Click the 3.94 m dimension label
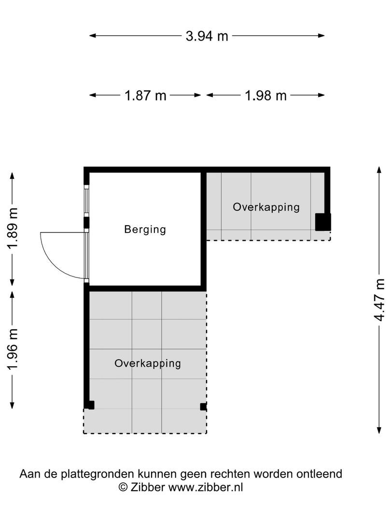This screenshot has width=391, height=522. click(207, 36)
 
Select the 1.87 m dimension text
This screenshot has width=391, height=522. click(145, 96)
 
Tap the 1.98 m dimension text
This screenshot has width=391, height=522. click(265, 96)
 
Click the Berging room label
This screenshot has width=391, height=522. click(145, 230)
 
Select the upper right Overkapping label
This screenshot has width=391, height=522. click(266, 207)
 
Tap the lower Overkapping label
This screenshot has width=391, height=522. click(148, 363)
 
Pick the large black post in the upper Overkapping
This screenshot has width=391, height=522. click(322, 222)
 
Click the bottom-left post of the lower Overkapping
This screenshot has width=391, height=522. click(90, 405)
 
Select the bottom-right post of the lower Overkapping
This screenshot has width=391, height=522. click(203, 407)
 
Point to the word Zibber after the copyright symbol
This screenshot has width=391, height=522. click(148, 487)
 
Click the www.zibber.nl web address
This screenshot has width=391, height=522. click(205, 487)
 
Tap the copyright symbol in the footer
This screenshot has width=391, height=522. click(123, 487)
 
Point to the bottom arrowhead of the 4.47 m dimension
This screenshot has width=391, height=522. click(379, 430)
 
